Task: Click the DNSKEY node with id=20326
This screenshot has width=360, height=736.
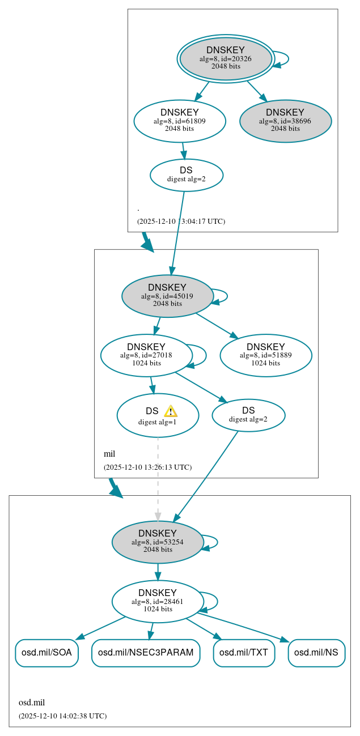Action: (226, 58)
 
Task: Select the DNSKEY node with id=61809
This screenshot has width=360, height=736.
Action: (180, 121)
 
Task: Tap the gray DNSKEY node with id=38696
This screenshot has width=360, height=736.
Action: (285, 121)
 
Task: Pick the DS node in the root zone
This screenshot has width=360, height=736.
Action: (186, 175)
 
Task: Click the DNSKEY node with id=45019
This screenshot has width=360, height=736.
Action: (167, 296)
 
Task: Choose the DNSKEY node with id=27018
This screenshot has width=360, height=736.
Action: (146, 355)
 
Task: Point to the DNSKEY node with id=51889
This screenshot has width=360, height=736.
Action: (265, 355)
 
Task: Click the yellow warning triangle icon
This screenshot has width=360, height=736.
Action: (171, 411)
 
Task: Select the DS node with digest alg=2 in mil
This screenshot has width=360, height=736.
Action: (248, 415)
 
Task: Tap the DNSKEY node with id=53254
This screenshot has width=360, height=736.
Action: (158, 542)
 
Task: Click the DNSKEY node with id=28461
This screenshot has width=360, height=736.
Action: (158, 602)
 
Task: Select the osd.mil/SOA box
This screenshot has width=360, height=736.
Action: (46, 653)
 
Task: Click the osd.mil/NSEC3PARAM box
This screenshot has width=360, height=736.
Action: (146, 653)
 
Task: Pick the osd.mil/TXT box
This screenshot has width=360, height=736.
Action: (244, 653)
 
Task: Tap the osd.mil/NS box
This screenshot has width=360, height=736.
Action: (316, 653)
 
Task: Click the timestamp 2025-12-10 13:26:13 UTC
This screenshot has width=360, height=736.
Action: (147, 467)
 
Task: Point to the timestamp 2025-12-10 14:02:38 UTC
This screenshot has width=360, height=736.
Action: (62, 716)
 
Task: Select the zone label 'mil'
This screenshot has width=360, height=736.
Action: (109, 454)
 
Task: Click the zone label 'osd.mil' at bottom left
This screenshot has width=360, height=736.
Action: (32, 703)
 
